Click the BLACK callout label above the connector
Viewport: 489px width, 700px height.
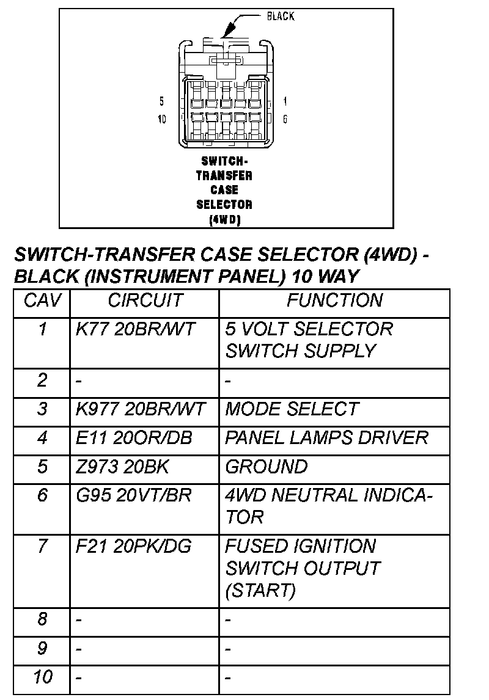(281, 16)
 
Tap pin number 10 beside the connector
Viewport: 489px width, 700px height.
(162, 119)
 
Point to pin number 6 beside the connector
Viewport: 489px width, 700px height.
(285, 119)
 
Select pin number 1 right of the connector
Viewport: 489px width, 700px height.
(285, 101)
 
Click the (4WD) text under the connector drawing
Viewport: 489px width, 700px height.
(224, 219)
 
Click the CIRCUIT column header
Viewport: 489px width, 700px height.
(145, 301)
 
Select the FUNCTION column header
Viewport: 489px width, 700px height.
(335, 301)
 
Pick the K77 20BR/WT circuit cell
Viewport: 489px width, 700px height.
(136, 330)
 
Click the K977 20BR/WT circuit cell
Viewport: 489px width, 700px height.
(141, 409)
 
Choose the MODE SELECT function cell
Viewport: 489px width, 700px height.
(292, 409)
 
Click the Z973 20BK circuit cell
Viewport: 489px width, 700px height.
(122, 467)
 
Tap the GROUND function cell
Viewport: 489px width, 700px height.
(267, 467)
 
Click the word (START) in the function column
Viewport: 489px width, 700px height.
(260, 591)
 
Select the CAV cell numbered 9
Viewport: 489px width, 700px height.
(42, 648)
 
